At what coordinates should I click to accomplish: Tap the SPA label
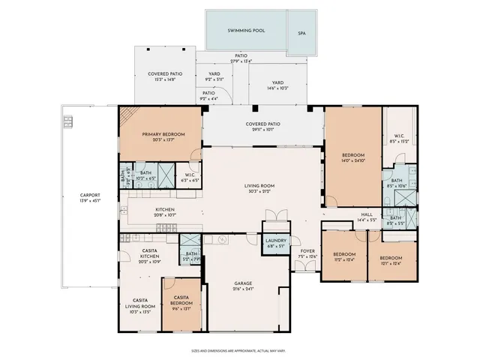pyautogui.click(x=301, y=33)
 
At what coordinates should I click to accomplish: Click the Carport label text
pyautogui.click(x=90, y=198)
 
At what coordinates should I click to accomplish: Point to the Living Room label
pyautogui.click(x=259, y=187)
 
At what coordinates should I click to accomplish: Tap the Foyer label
pyautogui.click(x=307, y=253)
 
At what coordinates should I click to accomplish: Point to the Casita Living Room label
pyautogui.click(x=139, y=305)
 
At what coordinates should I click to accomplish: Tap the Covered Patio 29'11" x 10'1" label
pyautogui.click(x=262, y=127)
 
